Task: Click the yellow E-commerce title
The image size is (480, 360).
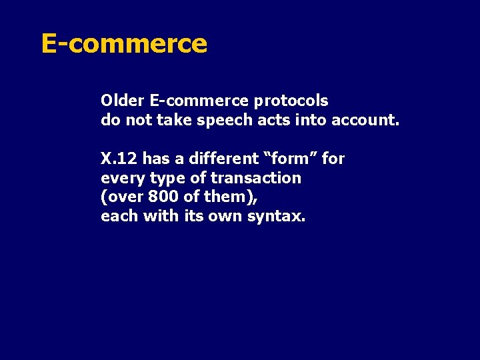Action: [124, 43]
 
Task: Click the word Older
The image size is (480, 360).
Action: [123, 101]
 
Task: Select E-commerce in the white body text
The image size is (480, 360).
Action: [199, 101]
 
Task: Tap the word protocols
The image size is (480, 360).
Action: [292, 101]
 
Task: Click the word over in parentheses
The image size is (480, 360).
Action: [122, 197]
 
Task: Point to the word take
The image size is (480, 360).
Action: [174, 120]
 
